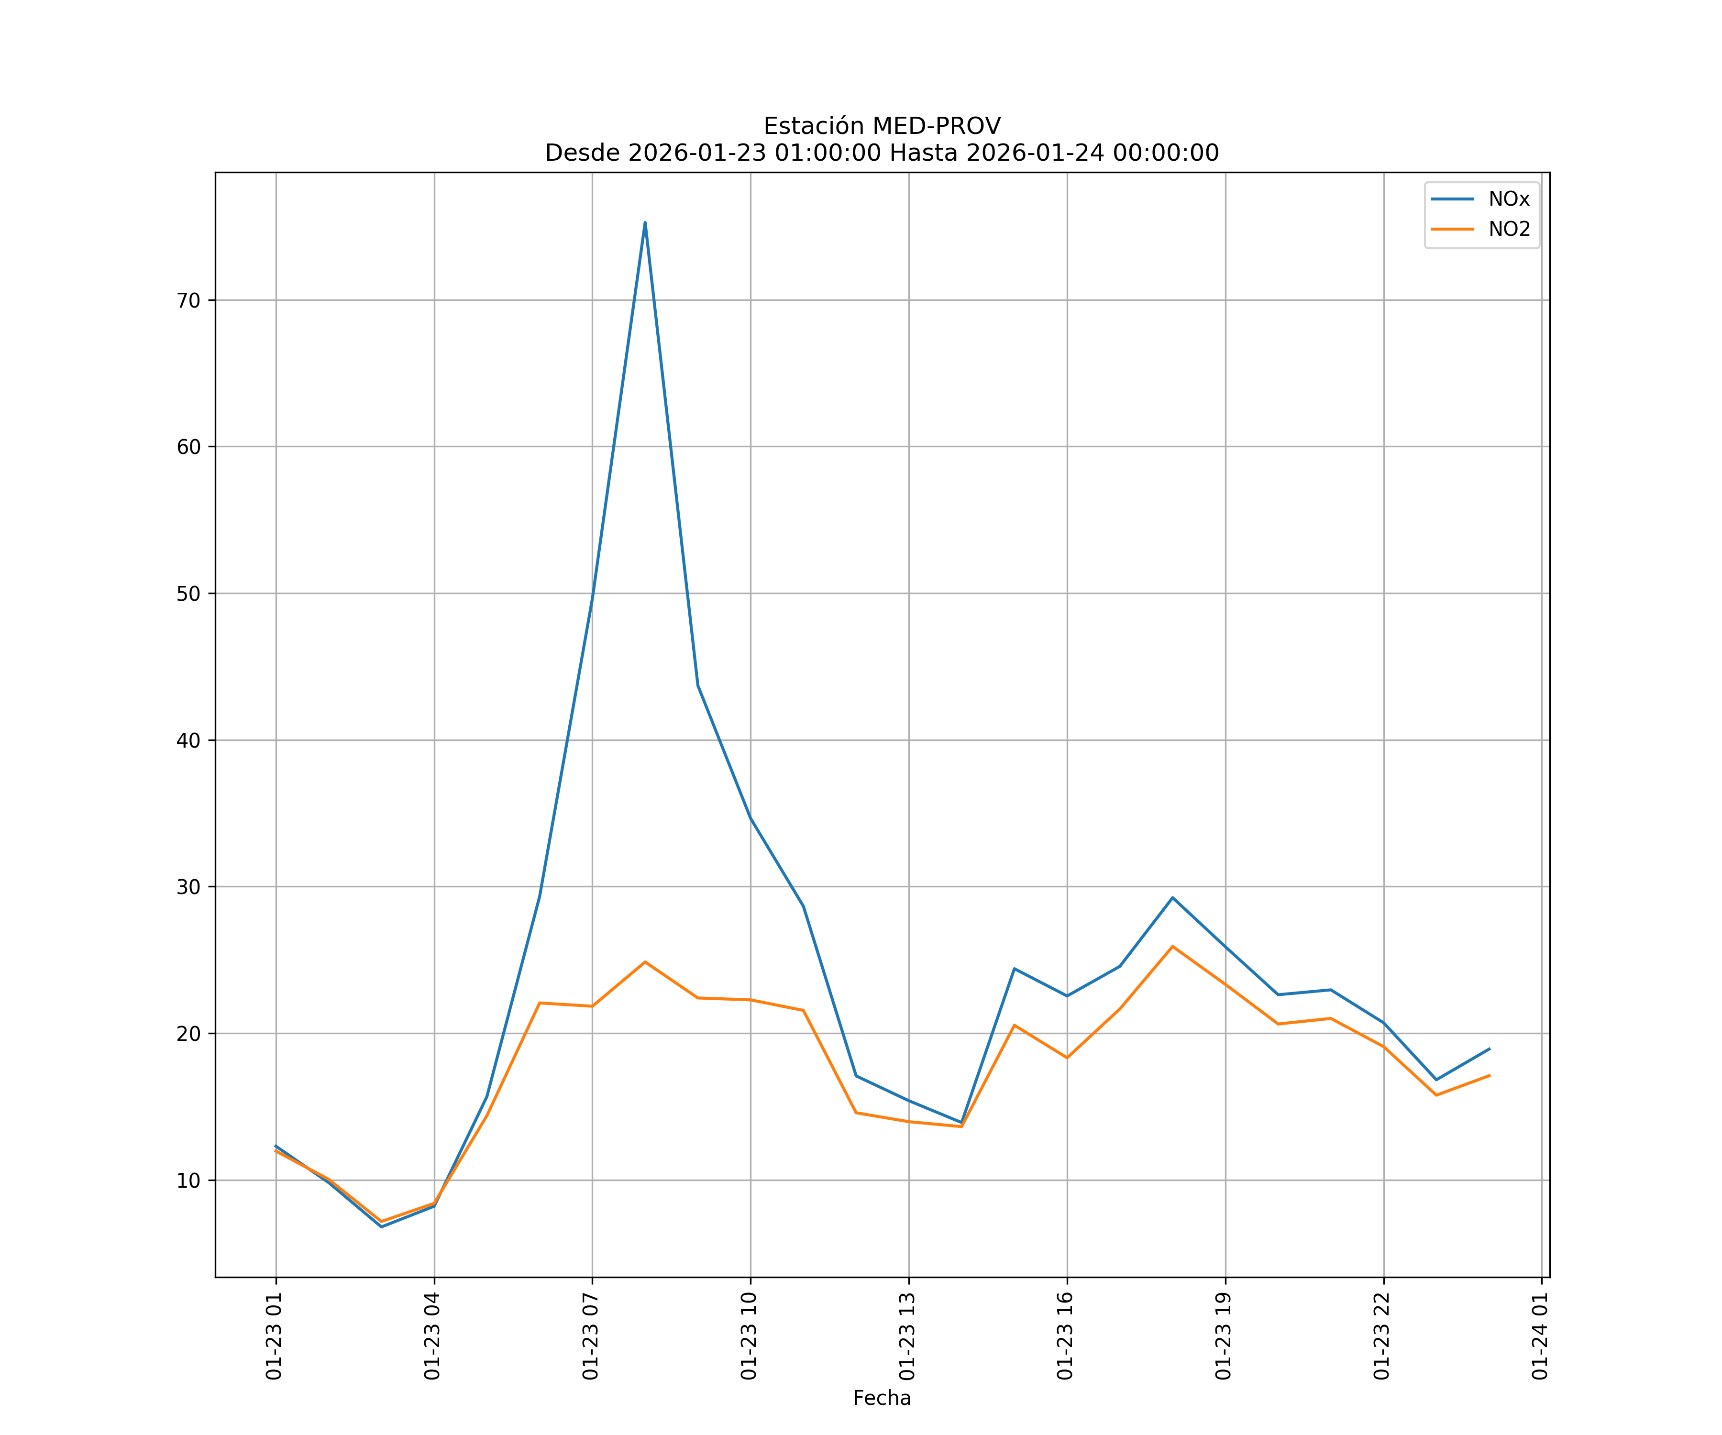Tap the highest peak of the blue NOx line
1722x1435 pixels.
coord(645,222)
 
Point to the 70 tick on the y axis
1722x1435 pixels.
coord(188,300)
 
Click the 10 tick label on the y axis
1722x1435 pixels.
coord(188,1181)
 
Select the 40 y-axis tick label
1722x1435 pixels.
coord(188,740)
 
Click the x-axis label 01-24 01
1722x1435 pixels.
coord(1540,1336)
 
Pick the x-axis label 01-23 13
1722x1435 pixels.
coord(907,1336)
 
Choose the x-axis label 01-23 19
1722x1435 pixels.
coord(1224,1336)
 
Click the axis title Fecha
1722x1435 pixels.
coord(882,1398)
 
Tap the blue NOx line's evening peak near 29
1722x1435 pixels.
coord(1172,898)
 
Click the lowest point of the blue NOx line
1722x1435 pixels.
coord(381,1227)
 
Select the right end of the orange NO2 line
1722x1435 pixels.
coord(1489,1076)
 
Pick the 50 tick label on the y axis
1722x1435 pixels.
coord(188,594)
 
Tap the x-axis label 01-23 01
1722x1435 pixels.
coord(274,1336)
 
